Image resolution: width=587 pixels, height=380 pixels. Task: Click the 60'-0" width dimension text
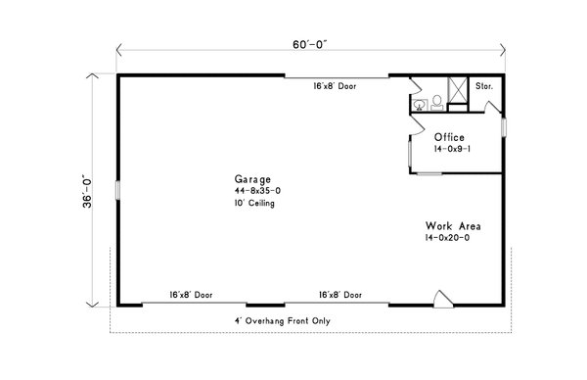[x=310, y=45]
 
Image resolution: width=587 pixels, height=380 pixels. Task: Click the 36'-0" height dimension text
[x=87, y=191]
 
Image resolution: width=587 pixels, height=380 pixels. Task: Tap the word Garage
[x=252, y=179]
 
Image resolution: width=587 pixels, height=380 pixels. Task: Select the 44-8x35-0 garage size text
[x=257, y=191]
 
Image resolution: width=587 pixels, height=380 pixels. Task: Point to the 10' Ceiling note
[x=254, y=203]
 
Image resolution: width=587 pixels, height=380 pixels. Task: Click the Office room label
[x=449, y=137]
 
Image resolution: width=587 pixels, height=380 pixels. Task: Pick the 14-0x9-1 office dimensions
[x=452, y=149]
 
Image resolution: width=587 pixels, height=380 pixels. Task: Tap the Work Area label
[x=453, y=226]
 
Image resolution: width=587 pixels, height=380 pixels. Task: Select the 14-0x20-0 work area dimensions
[x=447, y=238]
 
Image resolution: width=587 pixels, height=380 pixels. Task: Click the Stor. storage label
[x=484, y=86]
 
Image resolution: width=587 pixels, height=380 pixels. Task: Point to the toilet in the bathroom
[x=437, y=103]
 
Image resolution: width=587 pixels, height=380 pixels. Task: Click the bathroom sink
[x=420, y=105]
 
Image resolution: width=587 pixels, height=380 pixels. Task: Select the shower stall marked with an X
[x=458, y=90]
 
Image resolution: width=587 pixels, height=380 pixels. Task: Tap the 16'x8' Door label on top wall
[x=335, y=86]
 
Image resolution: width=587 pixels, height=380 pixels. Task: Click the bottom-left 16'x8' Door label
[x=191, y=295]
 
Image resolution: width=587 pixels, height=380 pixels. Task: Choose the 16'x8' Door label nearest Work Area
[x=340, y=295]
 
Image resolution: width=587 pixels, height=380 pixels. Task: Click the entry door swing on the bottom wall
[x=443, y=300]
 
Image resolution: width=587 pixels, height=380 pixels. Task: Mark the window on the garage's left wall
[x=117, y=190]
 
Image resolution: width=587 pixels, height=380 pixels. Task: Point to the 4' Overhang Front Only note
[x=283, y=321]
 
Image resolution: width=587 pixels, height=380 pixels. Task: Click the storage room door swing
[x=493, y=107]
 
